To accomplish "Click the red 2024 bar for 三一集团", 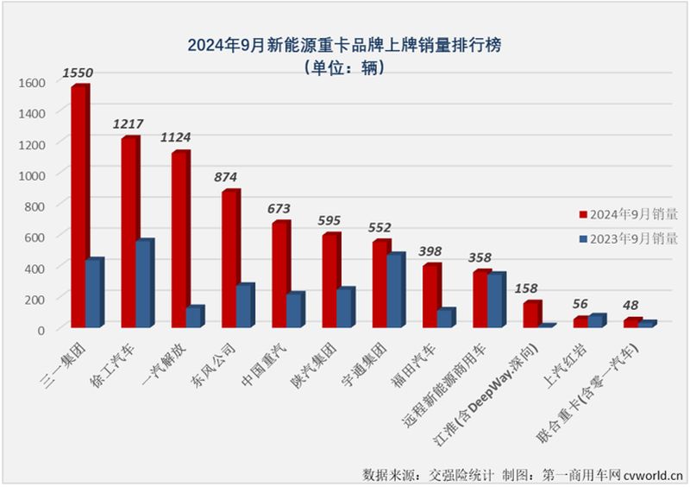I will (79, 207).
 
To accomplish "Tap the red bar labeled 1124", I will (179, 239).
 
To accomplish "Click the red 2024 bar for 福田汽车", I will (431, 295).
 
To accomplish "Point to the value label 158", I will (528, 288).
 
